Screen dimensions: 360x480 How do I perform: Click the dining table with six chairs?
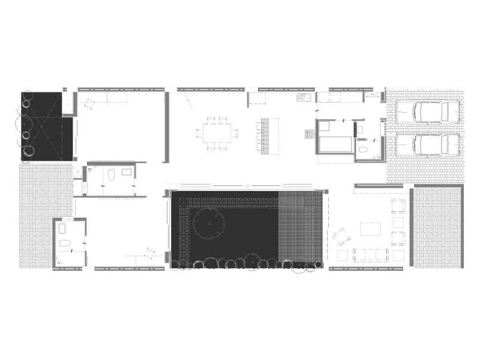[216, 133]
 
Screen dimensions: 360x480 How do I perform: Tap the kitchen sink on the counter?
[304, 97]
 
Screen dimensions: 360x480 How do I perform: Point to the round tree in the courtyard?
[209, 223]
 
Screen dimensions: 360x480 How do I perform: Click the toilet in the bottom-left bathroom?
[65, 244]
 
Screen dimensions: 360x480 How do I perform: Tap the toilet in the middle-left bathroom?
[111, 175]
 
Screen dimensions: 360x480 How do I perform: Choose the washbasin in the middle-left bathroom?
[127, 172]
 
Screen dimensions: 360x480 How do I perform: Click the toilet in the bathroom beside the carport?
[363, 149]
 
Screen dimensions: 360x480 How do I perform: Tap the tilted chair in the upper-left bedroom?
[89, 105]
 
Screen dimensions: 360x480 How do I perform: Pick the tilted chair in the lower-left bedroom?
[151, 253]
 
